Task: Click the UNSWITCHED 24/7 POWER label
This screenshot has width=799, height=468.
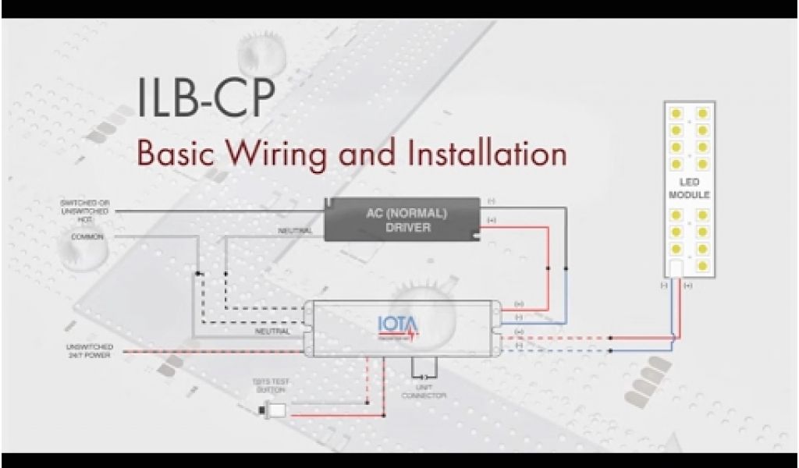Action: [x=90, y=350]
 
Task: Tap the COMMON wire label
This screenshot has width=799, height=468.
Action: [x=87, y=236]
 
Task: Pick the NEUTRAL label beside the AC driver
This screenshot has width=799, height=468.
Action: [x=296, y=231]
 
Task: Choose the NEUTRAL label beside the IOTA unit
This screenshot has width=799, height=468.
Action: [x=273, y=331]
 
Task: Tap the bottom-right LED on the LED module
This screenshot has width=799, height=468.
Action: [x=703, y=264]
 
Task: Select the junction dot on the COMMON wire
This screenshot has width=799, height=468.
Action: [x=197, y=273]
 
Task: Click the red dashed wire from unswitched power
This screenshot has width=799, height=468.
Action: [x=195, y=351]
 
